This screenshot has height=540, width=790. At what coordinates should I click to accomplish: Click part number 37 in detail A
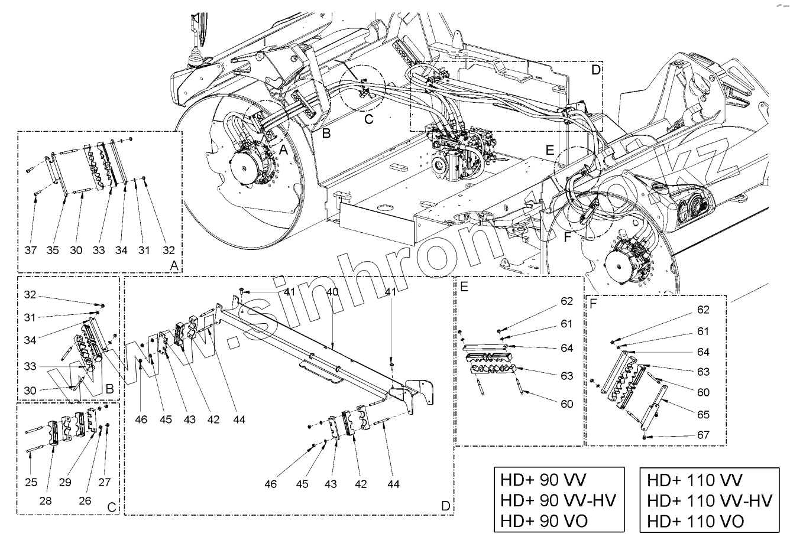[31, 251]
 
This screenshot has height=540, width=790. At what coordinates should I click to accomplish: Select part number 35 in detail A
[53, 251]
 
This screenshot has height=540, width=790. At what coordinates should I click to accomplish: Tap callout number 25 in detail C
[31, 482]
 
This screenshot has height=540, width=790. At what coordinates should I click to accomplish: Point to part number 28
[46, 501]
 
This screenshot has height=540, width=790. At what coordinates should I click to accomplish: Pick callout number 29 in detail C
[65, 482]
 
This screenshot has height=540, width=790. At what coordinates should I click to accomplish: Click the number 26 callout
[85, 501]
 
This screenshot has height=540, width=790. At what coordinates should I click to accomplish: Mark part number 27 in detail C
[105, 482]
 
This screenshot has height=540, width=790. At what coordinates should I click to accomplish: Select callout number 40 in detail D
[332, 292]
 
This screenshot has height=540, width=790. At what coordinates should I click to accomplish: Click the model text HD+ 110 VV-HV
[710, 500]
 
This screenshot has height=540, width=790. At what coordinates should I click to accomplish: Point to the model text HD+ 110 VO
[695, 521]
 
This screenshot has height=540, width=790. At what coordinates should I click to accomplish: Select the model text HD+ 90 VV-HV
[558, 500]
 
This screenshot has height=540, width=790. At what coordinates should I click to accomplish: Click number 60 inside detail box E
[567, 404]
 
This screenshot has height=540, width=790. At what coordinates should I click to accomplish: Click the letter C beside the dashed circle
[369, 119]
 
